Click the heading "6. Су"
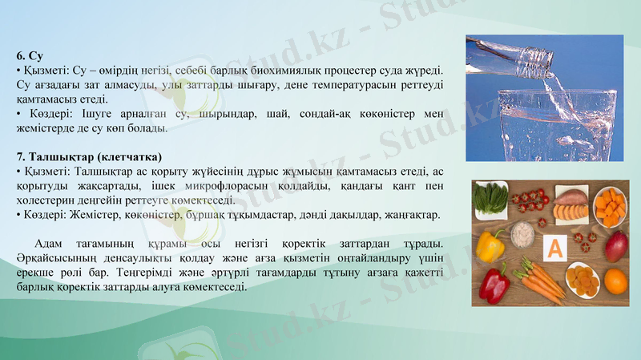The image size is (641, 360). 29,56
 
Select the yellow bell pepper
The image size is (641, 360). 490,245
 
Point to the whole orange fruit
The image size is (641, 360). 615,281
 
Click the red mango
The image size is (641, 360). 616,245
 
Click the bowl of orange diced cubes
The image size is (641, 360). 611,206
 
